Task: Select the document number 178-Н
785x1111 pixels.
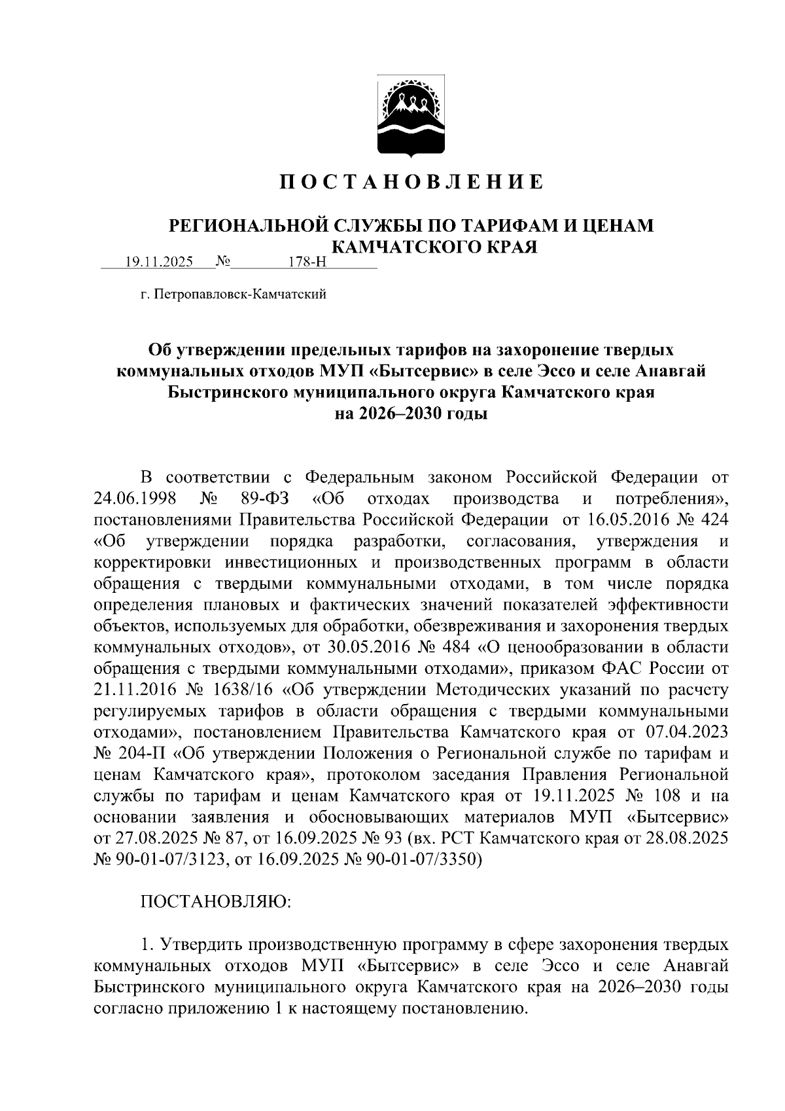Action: point(307,262)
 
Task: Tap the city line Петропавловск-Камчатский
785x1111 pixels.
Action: point(233,295)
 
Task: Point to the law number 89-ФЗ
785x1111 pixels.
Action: point(265,499)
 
